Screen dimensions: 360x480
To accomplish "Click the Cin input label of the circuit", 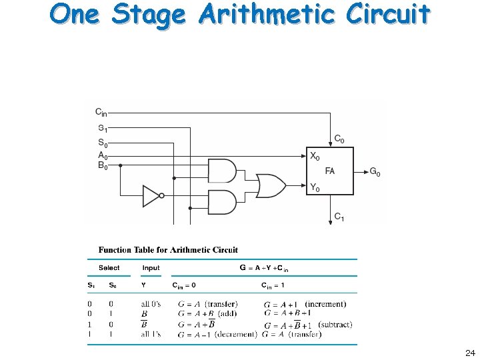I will coord(101,112).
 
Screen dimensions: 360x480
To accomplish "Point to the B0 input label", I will coord(103,167).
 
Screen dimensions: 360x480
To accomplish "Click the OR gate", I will coord(271,186).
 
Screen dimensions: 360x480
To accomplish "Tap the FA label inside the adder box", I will coord(330,171).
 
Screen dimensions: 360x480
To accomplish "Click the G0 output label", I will coord(375,173).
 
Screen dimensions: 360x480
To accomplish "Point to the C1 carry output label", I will coord(339,217).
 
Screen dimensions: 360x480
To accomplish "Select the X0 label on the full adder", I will coord(315,156).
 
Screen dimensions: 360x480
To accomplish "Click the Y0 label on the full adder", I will coord(315,188).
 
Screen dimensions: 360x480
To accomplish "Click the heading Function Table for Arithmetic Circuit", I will coord(168,250).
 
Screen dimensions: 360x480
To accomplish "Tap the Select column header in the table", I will coord(109,268).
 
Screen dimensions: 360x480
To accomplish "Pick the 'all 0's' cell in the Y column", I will coord(151,305).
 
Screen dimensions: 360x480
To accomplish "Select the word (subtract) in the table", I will coord(335,325).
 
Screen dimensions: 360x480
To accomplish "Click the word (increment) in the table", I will coord(325,304).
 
